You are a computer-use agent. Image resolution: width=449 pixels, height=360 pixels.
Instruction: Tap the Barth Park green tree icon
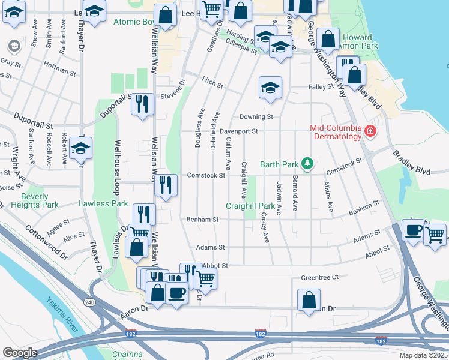coord(307,163)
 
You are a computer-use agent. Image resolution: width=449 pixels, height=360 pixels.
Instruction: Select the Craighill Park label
coord(254,206)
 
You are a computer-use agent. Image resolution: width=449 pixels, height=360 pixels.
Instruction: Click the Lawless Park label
coord(103,203)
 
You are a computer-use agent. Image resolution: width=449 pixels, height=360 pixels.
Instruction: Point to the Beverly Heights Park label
coord(40,200)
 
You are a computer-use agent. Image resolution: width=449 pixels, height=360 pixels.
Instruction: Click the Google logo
coord(20,353)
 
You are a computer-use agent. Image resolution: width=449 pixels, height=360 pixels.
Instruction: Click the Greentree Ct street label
coord(320,277)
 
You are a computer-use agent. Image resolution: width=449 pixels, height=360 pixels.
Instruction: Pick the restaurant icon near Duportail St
coord(143,104)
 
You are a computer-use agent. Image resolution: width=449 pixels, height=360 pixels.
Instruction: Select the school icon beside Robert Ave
coord(80,148)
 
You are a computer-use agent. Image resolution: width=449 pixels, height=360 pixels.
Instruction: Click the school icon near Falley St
coord(270,88)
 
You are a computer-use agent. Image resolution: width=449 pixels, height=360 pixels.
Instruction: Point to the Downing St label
coord(256,116)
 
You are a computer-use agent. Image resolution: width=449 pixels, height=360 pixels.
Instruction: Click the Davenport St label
coord(238,130)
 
